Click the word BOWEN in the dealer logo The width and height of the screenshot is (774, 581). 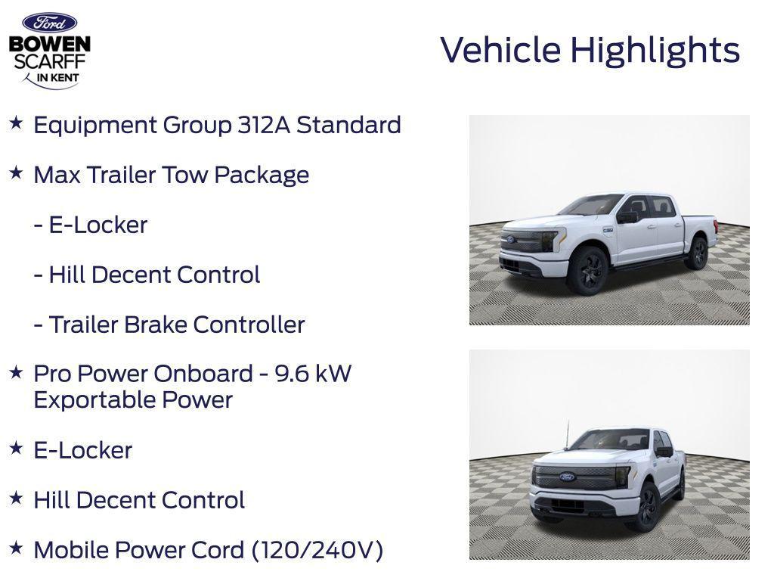[50, 44]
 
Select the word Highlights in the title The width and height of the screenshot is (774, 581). [655, 51]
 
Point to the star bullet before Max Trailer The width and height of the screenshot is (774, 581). [16, 173]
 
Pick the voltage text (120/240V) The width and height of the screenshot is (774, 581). [317, 550]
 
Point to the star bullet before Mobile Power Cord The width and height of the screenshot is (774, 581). [16, 548]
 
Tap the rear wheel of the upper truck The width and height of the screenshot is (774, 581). [696, 253]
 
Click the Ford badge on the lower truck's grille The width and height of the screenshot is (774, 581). [567, 477]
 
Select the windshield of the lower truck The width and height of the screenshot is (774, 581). [610, 440]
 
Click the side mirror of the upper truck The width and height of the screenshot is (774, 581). [627, 216]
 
